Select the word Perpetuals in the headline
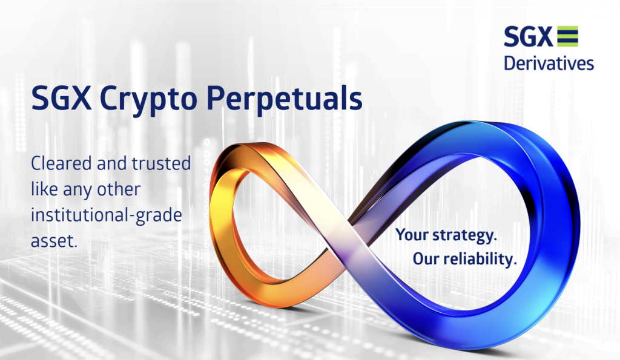285,99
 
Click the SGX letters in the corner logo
528,36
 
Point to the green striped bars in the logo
568,36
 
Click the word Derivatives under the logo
549,64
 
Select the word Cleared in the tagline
61,163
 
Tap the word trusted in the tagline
161,163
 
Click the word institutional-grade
107,216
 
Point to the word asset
54,241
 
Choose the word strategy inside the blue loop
464,235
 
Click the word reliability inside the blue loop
480,259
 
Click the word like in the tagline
44,189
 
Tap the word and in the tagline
112,163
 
